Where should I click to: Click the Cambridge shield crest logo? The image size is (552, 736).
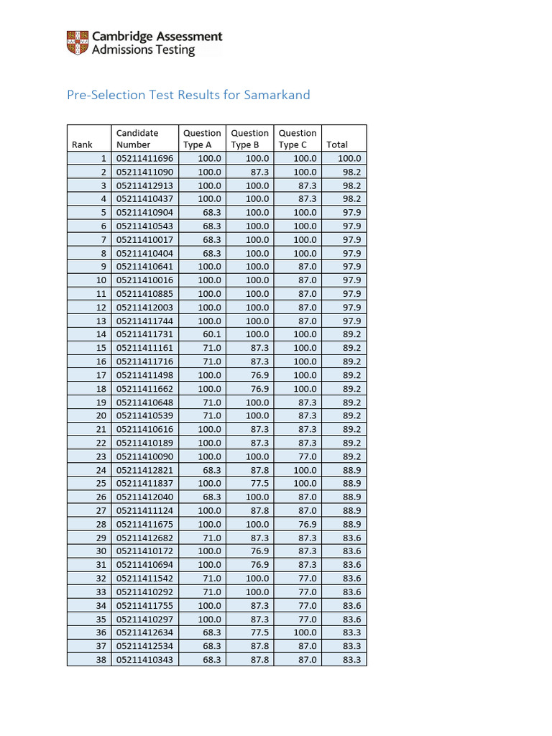(x=78, y=43)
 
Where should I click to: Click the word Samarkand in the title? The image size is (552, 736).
(x=277, y=95)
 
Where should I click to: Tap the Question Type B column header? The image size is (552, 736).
(x=249, y=139)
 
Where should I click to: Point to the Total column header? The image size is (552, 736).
(x=337, y=144)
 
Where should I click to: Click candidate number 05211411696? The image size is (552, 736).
(x=144, y=158)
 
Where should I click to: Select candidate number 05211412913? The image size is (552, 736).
(x=144, y=185)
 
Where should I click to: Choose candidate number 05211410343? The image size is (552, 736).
(x=144, y=660)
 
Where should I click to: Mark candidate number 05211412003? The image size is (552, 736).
(x=144, y=308)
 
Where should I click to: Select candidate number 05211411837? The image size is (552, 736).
(x=144, y=484)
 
